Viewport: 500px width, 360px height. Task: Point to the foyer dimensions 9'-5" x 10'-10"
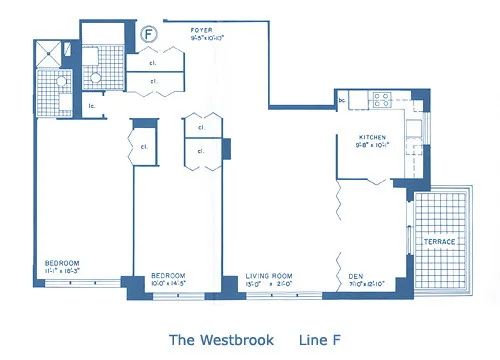point(207,39)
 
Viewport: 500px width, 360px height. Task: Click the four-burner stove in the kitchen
point(383,99)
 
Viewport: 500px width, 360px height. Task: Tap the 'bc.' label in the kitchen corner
point(342,100)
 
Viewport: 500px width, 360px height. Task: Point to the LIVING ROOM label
point(271,275)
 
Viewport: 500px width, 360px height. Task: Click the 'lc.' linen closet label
point(91,106)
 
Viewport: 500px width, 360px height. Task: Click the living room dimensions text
point(271,283)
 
